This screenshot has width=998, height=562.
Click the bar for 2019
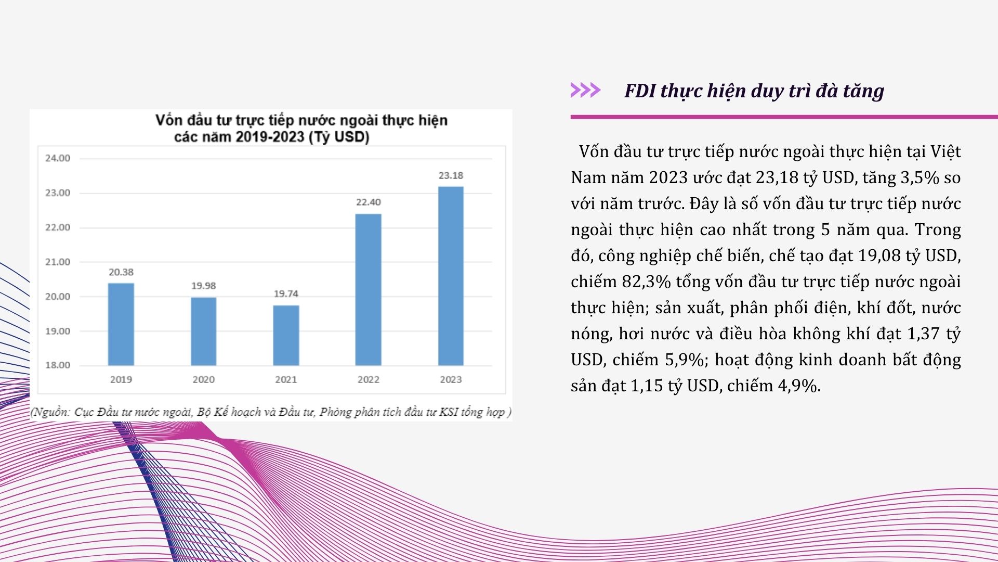(x=121, y=324)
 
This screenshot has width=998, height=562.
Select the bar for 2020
(x=203, y=331)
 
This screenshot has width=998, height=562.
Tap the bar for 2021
(x=286, y=335)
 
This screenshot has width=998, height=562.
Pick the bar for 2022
(x=369, y=289)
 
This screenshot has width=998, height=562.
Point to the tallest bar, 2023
(x=451, y=276)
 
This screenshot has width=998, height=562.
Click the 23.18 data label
(x=451, y=175)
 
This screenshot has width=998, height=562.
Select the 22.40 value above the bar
(x=369, y=202)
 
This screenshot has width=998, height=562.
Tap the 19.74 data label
(x=286, y=293)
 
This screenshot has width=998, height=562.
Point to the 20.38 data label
(x=121, y=272)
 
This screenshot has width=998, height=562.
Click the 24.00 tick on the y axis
(x=58, y=158)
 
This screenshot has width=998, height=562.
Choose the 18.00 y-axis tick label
(x=58, y=365)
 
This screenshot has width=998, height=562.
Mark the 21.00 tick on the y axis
(x=58, y=262)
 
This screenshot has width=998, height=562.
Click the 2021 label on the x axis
(x=286, y=379)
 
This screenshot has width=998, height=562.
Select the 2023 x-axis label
(x=451, y=379)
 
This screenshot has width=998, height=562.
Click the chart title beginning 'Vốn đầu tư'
(x=301, y=128)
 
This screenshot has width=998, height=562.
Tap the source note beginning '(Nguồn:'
(x=271, y=412)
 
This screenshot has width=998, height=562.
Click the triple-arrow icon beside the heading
(x=585, y=90)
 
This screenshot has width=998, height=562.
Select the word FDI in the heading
(x=640, y=91)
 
